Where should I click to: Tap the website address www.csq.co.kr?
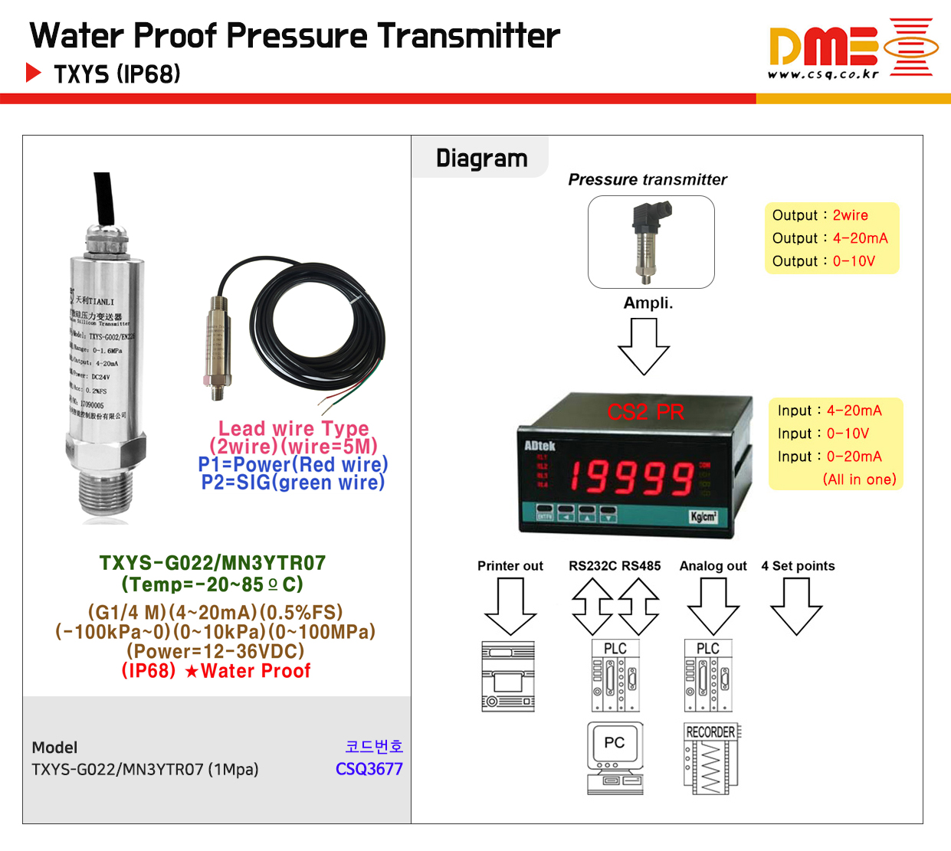[823, 74]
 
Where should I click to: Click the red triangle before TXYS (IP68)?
[33, 73]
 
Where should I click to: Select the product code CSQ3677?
[369, 769]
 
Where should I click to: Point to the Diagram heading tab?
[481, 158]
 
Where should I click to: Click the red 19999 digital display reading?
[631, 477]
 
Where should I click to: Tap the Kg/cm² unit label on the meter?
[703, 516]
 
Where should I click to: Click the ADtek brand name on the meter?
[539, 446]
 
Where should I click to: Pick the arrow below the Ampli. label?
[644, 345]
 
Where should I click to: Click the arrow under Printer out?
[510, 606]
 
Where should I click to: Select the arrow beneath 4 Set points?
[796, 606]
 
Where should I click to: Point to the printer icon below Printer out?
[508, 676]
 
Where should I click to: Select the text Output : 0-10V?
[823, 261]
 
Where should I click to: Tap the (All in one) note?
[859, 480]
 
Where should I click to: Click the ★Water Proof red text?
[248, 671]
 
